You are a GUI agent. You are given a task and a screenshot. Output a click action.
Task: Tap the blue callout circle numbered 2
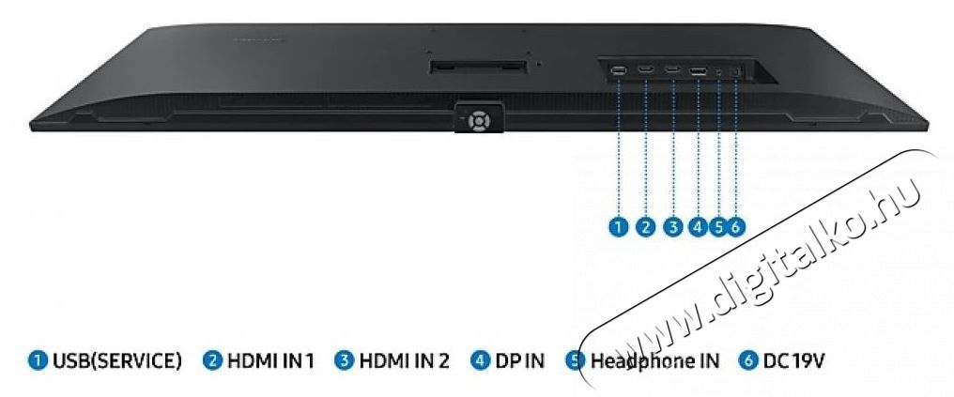tap(645, 227)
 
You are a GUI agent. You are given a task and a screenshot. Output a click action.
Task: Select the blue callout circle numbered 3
tap(672, 227)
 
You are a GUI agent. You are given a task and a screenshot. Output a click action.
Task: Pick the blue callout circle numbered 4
tap(698, 227)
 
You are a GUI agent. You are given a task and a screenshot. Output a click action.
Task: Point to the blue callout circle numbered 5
tap(719, 227)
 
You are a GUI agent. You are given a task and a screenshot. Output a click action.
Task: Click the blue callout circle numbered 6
tap(735, 227)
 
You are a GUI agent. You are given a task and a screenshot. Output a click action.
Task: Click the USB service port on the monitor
tap(618, 70)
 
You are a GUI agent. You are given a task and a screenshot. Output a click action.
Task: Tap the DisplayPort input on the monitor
tap(698, 71)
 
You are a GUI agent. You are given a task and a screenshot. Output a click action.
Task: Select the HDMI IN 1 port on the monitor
tap(645, 69)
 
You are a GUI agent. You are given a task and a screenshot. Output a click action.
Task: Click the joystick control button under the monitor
tap(479, 120)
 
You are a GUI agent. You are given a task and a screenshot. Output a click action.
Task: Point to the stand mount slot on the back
tap(477, 67)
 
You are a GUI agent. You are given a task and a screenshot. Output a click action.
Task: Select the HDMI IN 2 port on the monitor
tap(672, 69)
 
